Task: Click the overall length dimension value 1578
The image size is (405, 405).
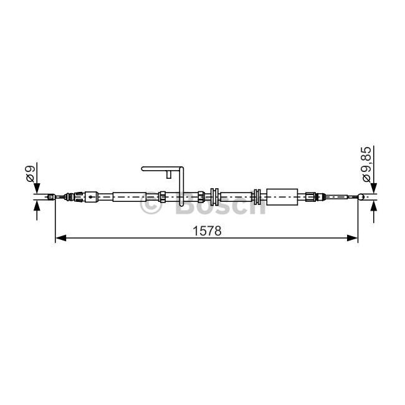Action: [207, 231]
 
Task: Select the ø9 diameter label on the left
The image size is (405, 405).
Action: [30, 174]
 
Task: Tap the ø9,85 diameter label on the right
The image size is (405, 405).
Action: [366, 164]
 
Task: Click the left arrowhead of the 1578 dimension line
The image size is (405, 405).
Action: [60, 238]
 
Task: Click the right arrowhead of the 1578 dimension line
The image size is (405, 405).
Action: [353, 238]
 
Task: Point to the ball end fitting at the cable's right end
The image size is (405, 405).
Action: [361, 197]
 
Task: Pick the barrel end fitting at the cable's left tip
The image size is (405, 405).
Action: [51, 197]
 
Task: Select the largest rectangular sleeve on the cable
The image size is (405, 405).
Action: [282, 197]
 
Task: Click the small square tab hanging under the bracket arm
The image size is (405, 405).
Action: [169, 174]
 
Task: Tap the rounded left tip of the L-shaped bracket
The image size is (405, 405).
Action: [143, 169]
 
